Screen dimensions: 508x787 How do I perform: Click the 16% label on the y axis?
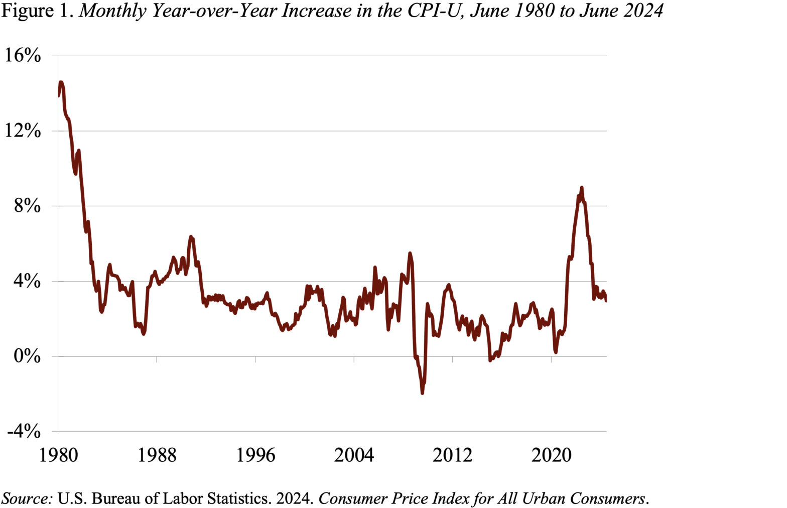click(x=23, y=55)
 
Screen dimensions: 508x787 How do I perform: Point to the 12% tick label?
click(x=23, y=131)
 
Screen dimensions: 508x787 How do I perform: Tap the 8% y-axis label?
click(x=27, y=206)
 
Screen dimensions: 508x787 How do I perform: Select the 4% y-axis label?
click(x=27, y=281)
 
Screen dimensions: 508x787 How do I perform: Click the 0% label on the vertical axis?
click(x=27, y=356)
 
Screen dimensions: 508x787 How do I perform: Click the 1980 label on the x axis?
click(x=59, y=455)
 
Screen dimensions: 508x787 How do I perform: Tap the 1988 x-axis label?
click(x=157, y=455)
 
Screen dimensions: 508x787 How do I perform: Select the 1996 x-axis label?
click(x=255, y=455)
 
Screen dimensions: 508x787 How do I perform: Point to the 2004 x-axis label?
click(x=354, y=455)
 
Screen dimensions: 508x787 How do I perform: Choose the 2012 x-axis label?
click(x=452, y=455)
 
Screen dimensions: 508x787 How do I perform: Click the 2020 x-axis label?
click(x=551, y=455)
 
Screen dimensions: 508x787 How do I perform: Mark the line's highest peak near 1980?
click(x=61, y=82)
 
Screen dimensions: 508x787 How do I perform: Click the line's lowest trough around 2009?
click(x=422, y=393)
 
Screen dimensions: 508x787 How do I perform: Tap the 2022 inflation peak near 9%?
click(x=581, y=188)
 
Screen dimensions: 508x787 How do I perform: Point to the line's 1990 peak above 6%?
click(x=191, y=236)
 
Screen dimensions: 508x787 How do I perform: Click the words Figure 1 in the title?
click(x=38, y=11)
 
